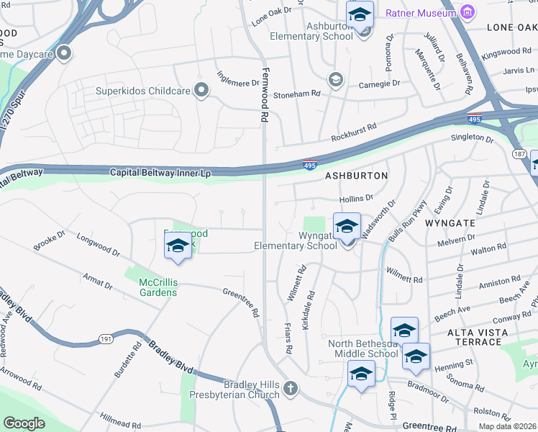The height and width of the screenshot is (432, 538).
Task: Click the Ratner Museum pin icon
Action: point(468,12)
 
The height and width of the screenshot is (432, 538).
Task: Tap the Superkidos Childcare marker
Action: point(201,91)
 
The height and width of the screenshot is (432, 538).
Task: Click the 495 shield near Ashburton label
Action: point(309,165)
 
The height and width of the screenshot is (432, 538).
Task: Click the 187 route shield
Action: point(519,155)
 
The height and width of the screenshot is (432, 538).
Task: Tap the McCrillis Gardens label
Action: point(158,287)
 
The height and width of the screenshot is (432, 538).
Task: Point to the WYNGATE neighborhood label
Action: point(450,223)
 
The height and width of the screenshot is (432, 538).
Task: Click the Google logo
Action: point(24,423)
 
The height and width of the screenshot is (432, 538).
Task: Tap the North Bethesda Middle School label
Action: point(363,348)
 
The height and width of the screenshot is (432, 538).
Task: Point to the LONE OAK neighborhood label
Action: point(511,27)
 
